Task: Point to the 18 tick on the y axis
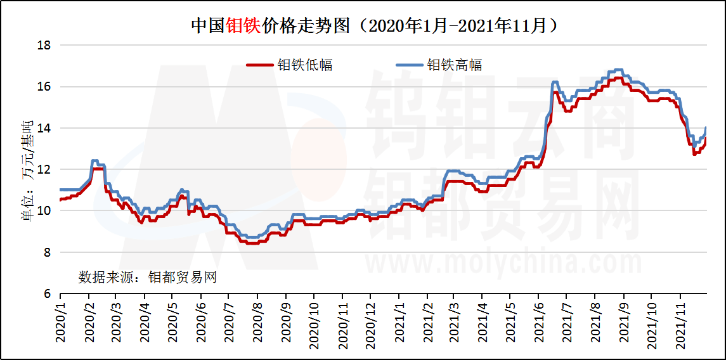pos(44,46)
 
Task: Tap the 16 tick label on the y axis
pos(44,87)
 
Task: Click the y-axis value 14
pos(44,128)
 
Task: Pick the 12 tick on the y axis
pos(44,170)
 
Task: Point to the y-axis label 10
pos(44,211)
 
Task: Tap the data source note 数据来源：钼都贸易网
pos(147,278)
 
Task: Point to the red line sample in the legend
pos(259,65)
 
